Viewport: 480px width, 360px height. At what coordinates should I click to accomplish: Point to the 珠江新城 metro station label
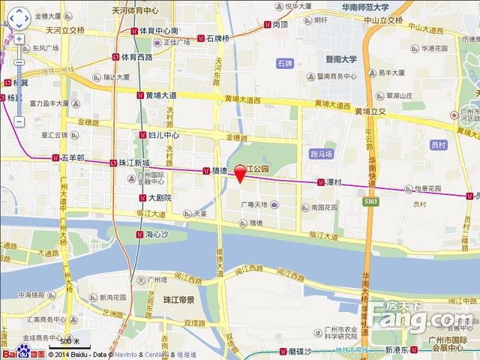tap(135, 163)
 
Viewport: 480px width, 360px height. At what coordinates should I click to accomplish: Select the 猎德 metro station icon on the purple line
tap(205, 171)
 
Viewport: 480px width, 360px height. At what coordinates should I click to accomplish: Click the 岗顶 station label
tap(280, 24)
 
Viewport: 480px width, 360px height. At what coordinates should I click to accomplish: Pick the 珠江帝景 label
tap(178, 300)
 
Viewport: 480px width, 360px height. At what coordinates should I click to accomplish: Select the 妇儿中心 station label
tap(163, 136)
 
